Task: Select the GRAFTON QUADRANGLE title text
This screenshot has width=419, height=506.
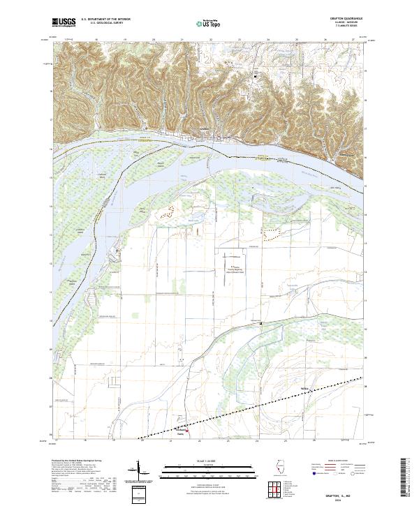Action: tap(352, 19)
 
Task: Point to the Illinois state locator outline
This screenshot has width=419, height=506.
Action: tap(282, 470)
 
